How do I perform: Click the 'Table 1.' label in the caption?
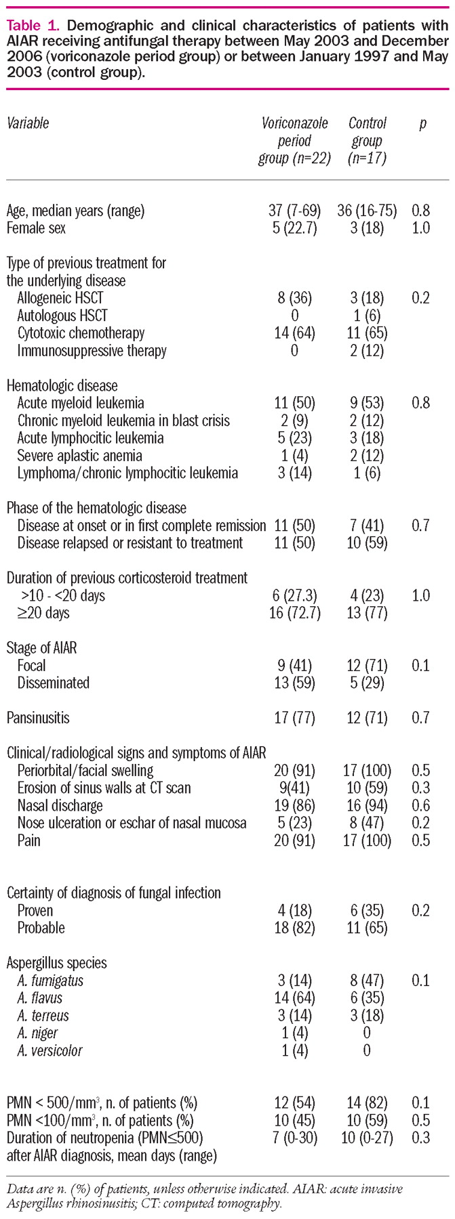pos(34,26)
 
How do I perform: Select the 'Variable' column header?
pos(28,123)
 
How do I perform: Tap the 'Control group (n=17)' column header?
pos(367,141)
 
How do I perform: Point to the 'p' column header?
pos(423,124)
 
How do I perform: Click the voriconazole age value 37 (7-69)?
pos(294,211)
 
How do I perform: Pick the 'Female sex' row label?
pos(36,228)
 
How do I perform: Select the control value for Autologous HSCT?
pos(367,316)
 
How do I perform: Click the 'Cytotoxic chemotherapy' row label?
pos(81,333)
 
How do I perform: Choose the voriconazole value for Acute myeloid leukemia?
pos(294,403)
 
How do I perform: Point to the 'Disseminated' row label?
pos(53,683)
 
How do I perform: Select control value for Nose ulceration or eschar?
pos(367,824)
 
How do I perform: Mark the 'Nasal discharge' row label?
pos(60,806)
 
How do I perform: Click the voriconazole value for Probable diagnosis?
pos(294,928)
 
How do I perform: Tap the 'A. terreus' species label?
pos(43,1016)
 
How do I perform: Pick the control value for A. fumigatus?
pos(367,981)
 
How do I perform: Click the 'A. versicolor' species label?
pos(50,1051)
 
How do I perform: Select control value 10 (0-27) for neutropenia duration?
pos(367,1138)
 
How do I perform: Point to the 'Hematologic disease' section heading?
pos(62,385)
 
